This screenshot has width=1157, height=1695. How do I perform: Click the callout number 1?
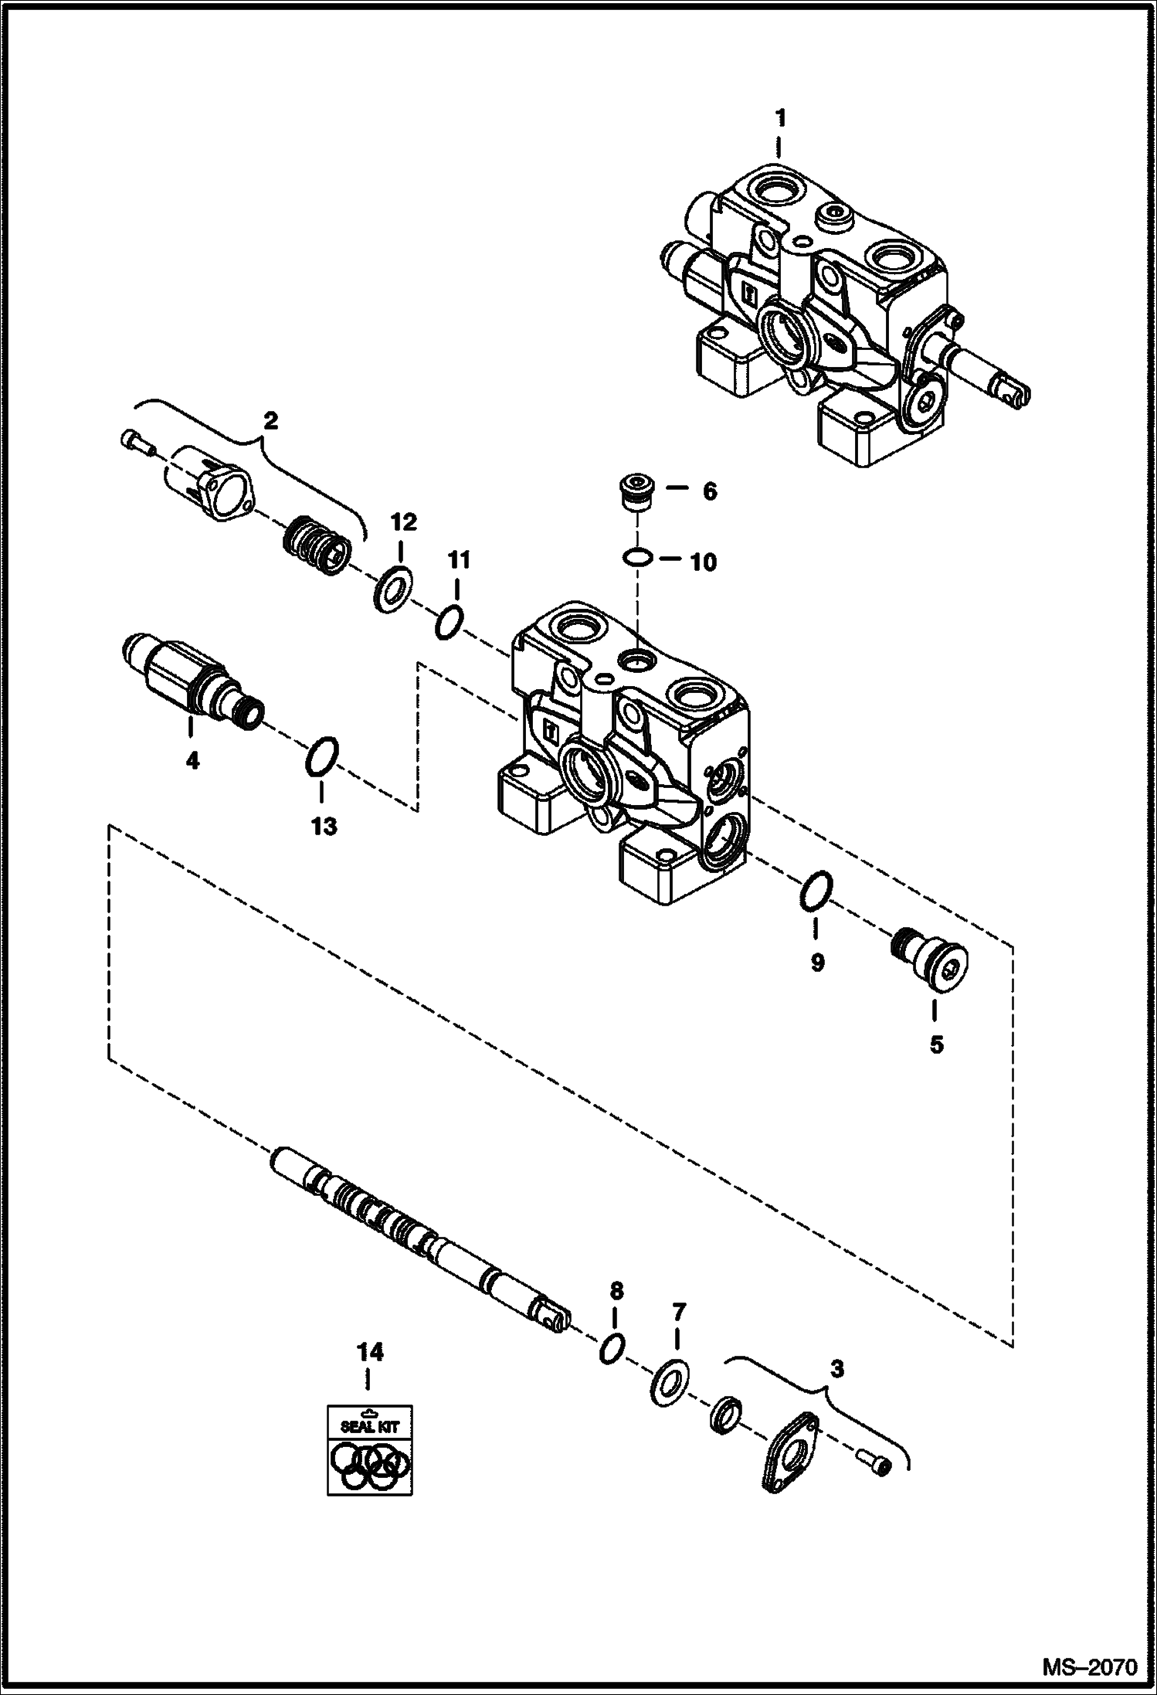[x=780, y=118]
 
